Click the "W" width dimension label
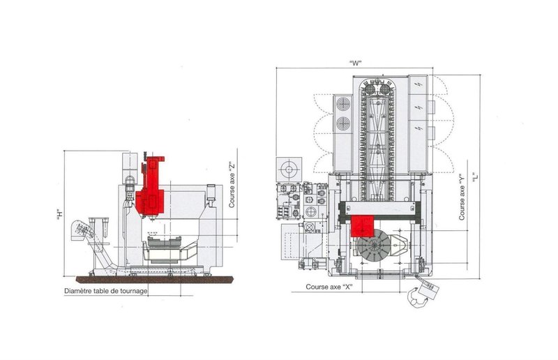point(356,63)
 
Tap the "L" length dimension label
point(474,179)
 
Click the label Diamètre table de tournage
point(105,291)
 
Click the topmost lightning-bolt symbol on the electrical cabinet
point(416,84)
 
